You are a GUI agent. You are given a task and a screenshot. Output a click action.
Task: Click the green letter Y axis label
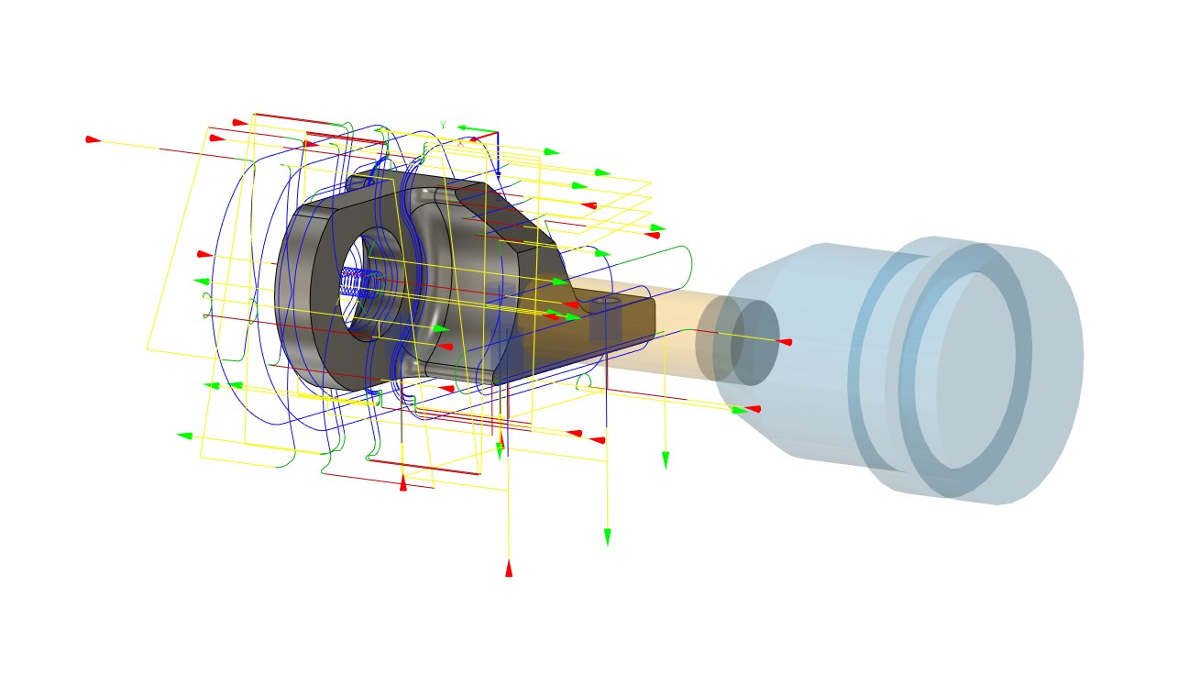443,125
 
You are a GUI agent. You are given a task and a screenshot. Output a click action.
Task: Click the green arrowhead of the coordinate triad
464,128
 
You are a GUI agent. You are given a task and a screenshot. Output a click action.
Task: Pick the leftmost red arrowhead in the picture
93,139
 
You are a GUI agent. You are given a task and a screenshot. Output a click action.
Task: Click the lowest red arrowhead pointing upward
509,569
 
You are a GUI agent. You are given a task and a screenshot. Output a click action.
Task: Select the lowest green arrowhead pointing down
607,536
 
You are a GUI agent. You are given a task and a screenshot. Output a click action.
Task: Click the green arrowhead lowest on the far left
184,436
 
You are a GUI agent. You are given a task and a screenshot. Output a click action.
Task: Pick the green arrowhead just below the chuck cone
740,410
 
